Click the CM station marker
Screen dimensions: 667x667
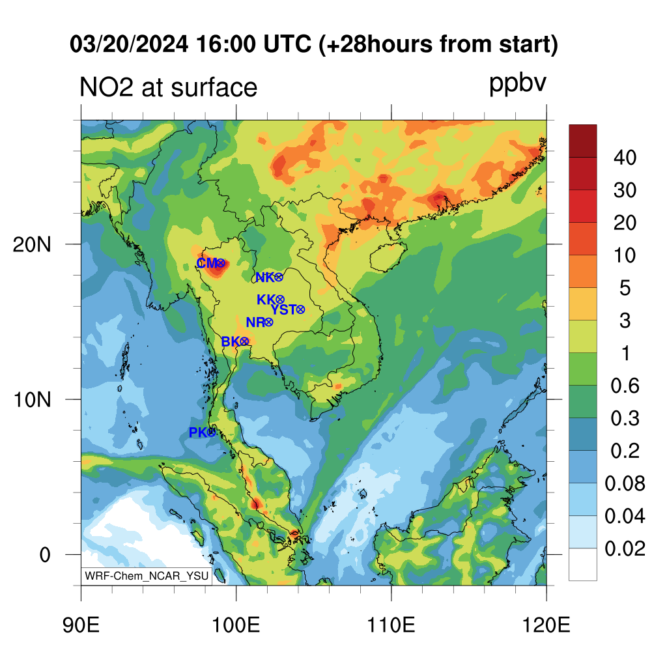[x=220, y=263]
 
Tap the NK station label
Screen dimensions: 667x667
[x=265, y=277]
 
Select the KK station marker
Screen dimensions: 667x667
[x=280, y=300]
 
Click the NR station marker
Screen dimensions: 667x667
[x=269, y=322]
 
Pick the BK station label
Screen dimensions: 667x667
[x=231, y=341]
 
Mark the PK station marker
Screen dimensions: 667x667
[x=212, y=433]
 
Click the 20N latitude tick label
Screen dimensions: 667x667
[x=32, y=245]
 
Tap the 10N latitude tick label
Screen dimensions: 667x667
[x=32, y=400]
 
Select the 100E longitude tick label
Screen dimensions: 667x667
[x=236, y=625]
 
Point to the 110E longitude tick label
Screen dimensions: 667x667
[x=391, y=625]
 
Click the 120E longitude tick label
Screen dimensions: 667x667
[x=546, y=625]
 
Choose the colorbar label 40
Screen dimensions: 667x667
[x=625, y=158]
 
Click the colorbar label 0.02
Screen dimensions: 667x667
[x=625, y=548]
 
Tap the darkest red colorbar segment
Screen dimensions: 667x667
[x=583, y=141]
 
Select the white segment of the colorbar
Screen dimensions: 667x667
[x=583, y=564]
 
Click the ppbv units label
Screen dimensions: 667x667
[x=518, y=84]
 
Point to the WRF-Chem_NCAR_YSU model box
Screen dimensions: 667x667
[x=147, y=576]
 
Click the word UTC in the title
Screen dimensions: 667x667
[x=287, y=44]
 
